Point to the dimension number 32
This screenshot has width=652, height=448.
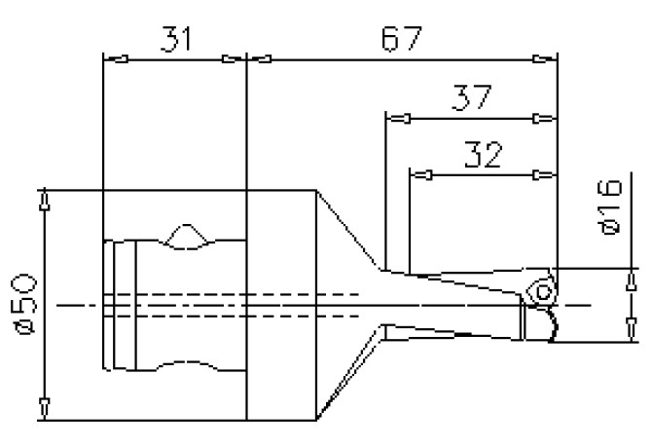484,156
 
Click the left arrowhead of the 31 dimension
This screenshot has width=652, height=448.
115,59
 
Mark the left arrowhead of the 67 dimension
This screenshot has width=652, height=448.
261,59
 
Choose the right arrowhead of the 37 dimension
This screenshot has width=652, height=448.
546,119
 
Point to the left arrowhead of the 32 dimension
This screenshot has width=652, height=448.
421,175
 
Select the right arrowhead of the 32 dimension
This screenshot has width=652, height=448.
546,175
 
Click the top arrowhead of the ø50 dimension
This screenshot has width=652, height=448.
44,202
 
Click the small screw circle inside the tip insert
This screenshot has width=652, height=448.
542,289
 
